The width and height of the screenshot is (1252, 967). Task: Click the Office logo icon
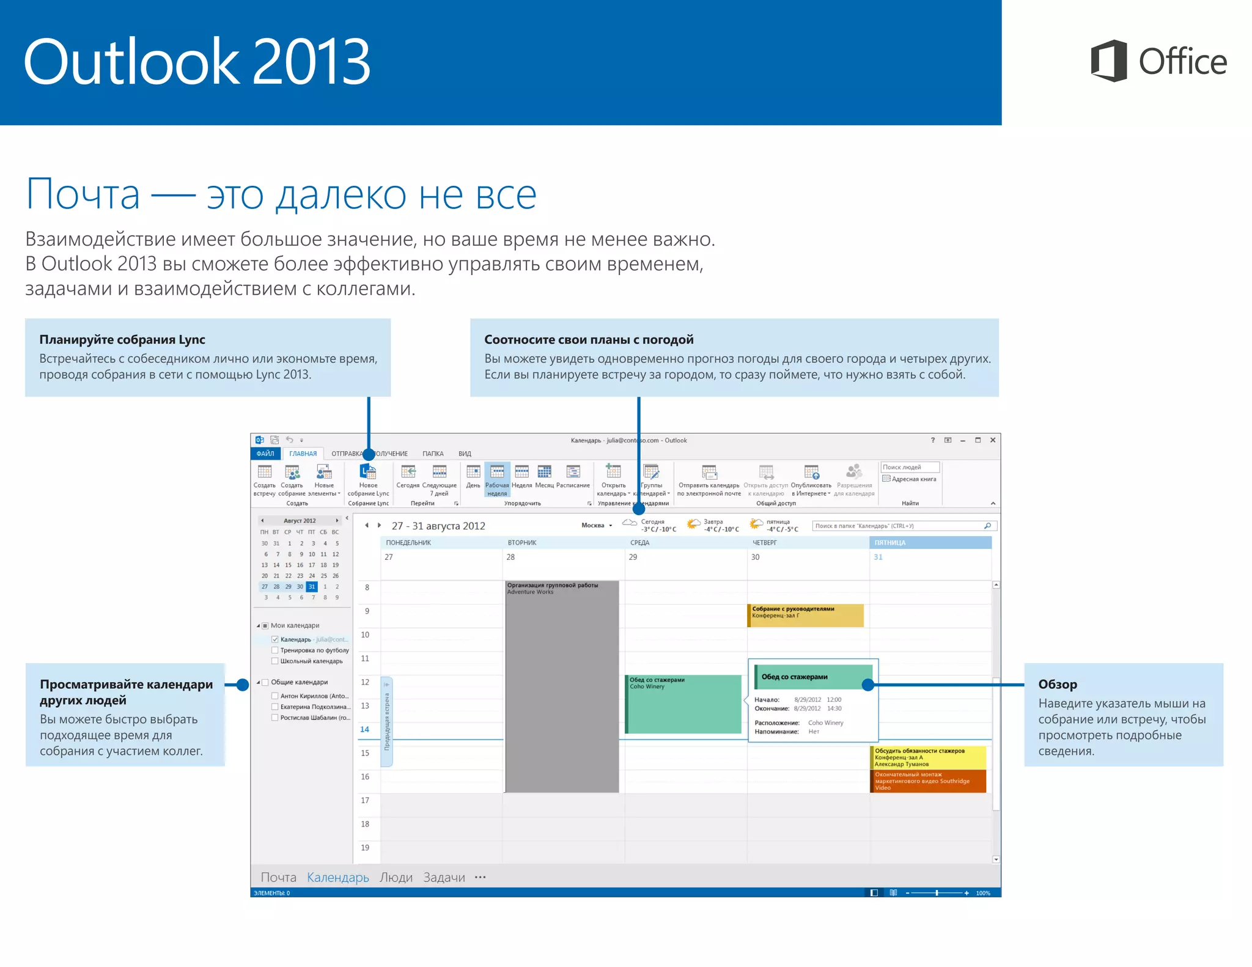(x=1108, y=61)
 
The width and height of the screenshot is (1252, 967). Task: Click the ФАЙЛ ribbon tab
(x=265, y=454)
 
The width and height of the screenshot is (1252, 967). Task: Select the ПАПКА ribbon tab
(x=433, y=454)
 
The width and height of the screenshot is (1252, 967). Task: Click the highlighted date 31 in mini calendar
(x=312, y=587)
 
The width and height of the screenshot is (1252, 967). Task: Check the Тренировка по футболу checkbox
(x=275, y=650)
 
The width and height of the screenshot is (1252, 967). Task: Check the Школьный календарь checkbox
(x=275, y=661)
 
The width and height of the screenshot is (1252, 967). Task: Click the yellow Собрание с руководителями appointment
(x=805, y=615)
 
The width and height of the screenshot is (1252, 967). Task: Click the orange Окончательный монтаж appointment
(x=927, y=781)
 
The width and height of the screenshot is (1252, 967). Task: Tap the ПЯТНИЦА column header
(x=929, y=543)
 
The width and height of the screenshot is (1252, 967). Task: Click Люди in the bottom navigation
(x=396, y=878)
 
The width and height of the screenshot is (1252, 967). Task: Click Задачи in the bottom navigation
(x=444, y=878)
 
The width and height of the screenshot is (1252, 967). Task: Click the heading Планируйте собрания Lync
(x=122, y=340)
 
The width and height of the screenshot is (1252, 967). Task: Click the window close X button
(x=992, y=440)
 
